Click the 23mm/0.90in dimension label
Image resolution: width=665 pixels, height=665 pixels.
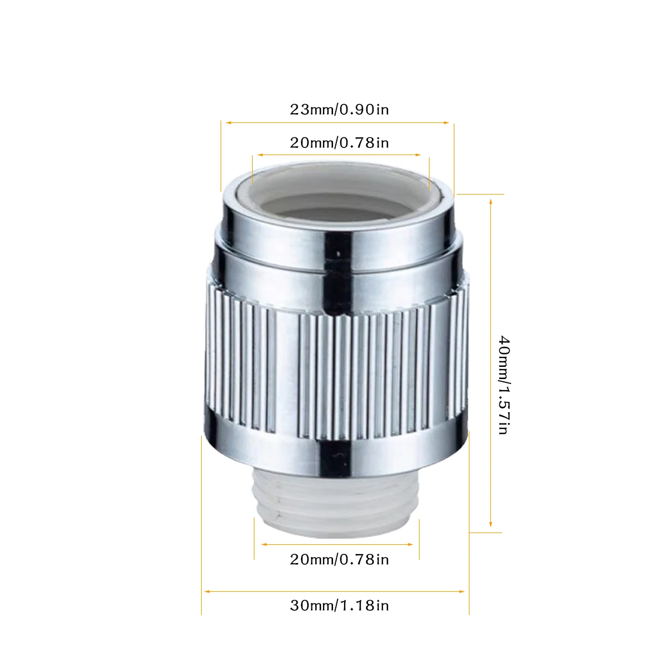tap(339, 110)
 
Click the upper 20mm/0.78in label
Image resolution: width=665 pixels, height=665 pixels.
tap(339, 143)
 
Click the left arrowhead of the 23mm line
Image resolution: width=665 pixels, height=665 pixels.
tap(228, 122)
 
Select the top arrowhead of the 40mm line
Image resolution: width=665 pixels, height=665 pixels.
tap(491, 202)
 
